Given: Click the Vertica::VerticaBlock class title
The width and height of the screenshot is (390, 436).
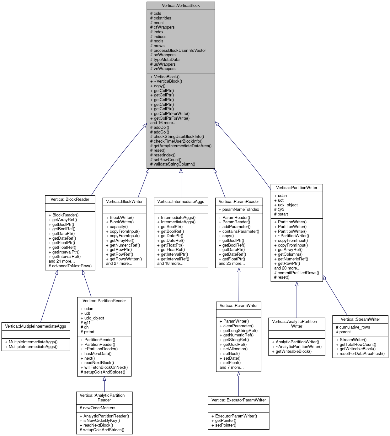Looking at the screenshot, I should pos(181,6).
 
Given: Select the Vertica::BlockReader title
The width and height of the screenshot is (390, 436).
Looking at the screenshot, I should pos(70,199).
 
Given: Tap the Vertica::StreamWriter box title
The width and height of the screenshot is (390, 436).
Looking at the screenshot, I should pos(360,319).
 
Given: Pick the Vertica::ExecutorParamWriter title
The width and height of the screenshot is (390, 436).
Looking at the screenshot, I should pos(238,400).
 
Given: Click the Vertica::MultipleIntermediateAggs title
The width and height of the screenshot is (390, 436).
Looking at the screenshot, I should pos(35,326).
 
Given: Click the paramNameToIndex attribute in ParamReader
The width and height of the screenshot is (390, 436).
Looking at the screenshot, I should pos(240,210).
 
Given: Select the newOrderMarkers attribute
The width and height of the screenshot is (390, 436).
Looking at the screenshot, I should pos(99,408).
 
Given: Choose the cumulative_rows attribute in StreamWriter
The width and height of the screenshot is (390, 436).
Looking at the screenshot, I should pos(355,327).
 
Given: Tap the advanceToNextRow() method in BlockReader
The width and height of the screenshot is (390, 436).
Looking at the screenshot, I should pos(72,266).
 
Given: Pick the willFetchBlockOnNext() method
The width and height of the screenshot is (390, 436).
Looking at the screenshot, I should pos(106,368).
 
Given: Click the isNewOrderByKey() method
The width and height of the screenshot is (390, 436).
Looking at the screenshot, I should pos(101,421).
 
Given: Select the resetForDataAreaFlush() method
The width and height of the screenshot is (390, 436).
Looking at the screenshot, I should pos(362,354).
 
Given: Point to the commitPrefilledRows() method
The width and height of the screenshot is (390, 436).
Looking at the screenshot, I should pos(298,273).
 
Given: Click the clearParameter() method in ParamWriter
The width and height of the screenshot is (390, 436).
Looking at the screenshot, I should pos(238,326).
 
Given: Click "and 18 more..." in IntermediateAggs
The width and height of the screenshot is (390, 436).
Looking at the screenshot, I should pos(170,264).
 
